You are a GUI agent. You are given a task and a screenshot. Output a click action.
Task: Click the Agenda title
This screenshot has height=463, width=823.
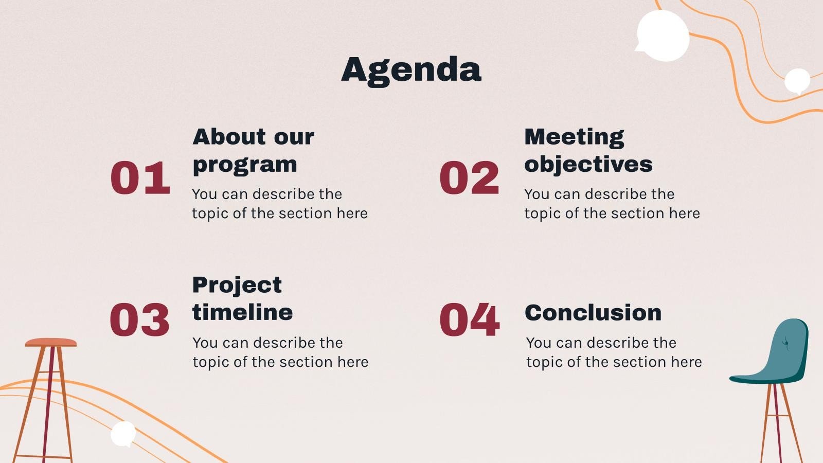pos(411,69)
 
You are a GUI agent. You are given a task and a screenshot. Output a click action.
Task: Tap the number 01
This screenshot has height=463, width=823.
pos(140,178)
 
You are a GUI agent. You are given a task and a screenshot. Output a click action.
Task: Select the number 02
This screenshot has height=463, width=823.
pos(469,178)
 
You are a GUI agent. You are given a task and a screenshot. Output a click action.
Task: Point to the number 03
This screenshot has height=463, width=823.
pos(139,320)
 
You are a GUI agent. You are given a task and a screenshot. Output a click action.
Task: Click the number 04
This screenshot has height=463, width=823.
pos(469,320)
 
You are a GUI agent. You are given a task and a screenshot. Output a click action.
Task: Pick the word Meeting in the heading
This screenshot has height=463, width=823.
pos(574,137)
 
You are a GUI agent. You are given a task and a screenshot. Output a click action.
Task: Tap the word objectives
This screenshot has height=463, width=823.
pos(588,165)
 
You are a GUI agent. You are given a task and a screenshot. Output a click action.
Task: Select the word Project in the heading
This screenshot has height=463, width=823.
pos(237,284)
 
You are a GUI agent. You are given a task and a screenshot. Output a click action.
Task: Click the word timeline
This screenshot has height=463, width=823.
pos(242,312)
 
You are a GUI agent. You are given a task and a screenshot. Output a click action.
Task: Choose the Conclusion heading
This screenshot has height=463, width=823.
pos(593,313)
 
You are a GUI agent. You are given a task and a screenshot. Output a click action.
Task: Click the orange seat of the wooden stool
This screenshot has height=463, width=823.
pos(50,342)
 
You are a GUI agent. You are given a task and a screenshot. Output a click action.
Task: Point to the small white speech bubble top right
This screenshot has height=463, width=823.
pos(797,81)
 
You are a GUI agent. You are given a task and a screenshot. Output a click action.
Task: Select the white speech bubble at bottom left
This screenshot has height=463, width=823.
pos(123,434)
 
